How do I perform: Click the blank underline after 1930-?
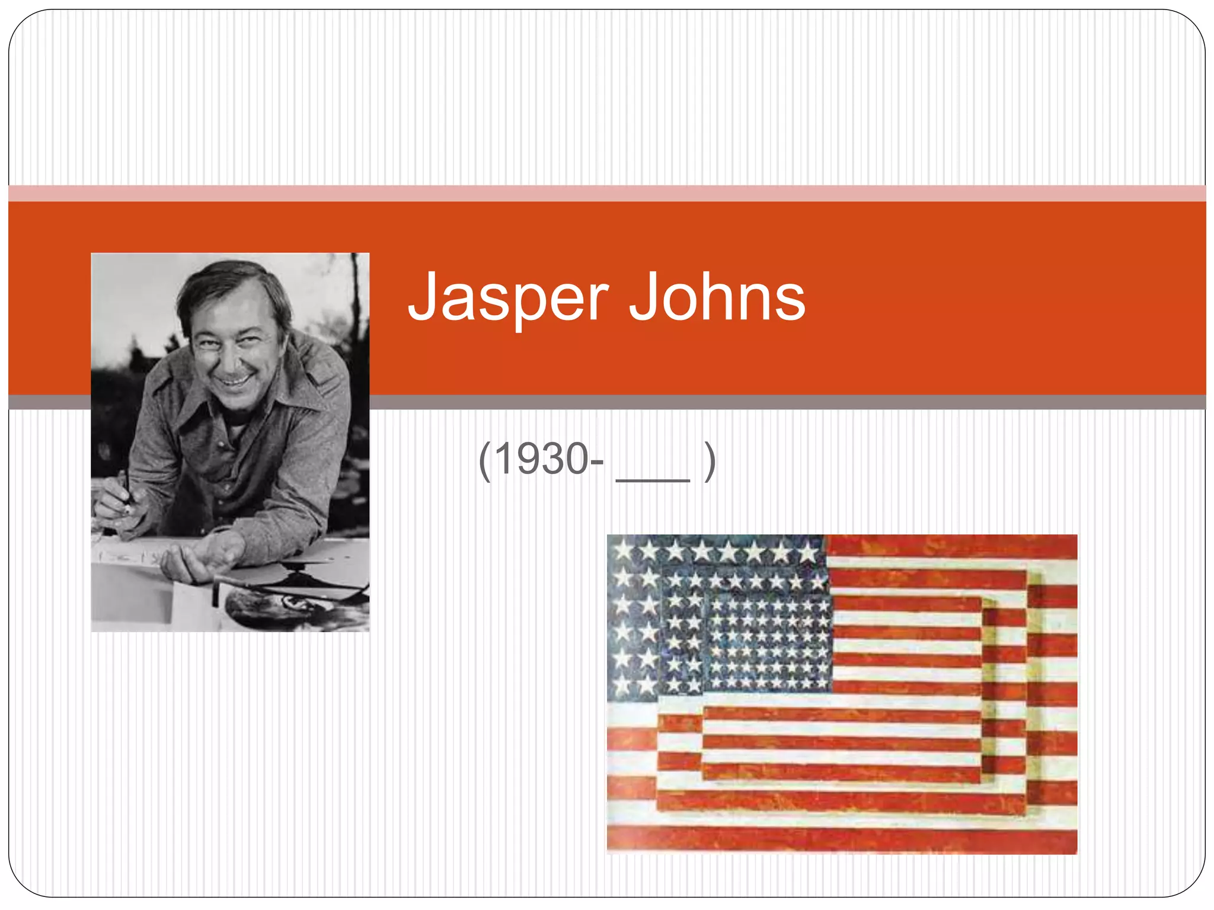(x=653, y=479)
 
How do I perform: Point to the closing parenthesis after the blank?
(x=709, y=461)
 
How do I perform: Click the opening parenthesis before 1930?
(x=484, y=461)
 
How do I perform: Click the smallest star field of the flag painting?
(x=769, y=643)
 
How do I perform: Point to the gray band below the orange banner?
(x=771, y=402)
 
